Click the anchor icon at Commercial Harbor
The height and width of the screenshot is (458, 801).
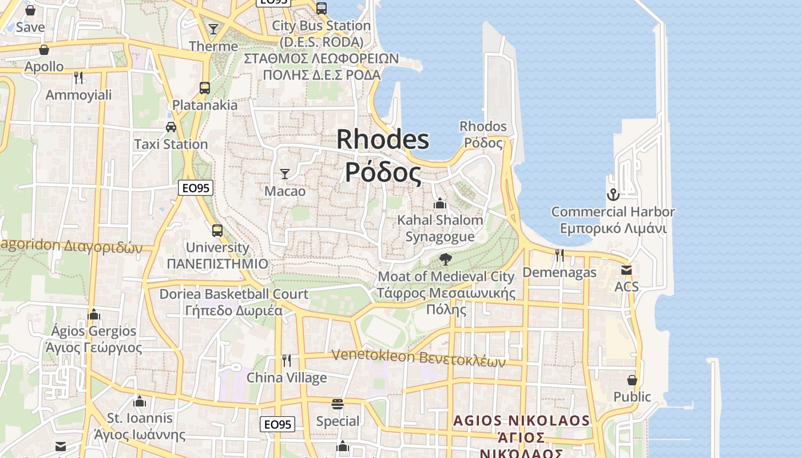tap(613, 195)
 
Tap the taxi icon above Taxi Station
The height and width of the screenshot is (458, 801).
tap(170, 127)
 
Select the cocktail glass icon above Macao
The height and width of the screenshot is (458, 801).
tap(284, 173)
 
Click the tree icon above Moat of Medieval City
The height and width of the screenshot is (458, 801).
tap(445, 259)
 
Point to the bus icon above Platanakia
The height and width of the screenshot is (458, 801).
tap(205, 88)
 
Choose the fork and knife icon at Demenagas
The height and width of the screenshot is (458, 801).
tap(559, 255)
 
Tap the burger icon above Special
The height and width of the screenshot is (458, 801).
tap(338, 404)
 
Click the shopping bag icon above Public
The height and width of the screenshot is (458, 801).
tap(632, 380)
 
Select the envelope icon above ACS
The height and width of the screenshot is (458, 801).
tap(626, 270)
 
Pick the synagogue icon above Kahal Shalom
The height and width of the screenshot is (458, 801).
tap(439, 203)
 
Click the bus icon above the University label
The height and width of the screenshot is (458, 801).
tap(217, 230)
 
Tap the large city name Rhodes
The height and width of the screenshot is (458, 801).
tap(383, 139)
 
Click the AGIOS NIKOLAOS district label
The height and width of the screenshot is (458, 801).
tap(521, 421)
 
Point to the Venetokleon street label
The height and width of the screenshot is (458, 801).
tap(418, 357)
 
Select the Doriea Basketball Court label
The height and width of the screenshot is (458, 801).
tap(234, 294)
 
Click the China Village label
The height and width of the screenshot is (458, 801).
tap(287, 378)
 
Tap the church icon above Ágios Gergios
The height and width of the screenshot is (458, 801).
tap(94, 314)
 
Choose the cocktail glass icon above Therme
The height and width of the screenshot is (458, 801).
tap(213, 29)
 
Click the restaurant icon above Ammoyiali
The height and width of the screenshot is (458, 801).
tap(78, 77)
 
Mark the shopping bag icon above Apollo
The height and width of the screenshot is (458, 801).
tap(44, 50)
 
